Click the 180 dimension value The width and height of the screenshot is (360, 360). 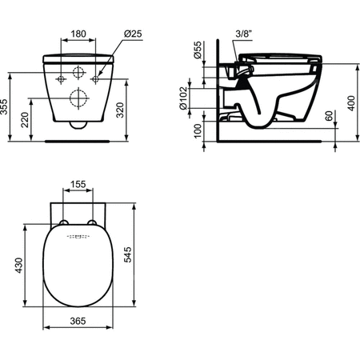(x=78, y=35)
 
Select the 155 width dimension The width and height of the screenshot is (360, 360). (x=78, y=183)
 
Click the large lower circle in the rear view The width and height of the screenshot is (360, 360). (x=78, y=100)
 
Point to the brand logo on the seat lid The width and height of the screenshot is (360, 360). (x=78, y=238)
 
